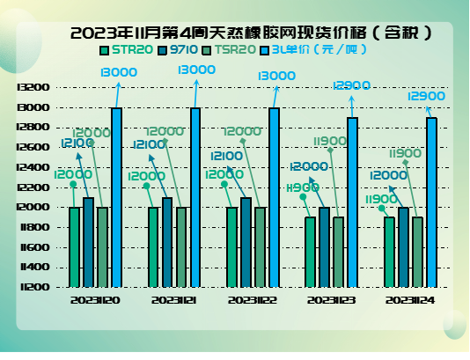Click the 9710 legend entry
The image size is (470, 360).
(180, 50)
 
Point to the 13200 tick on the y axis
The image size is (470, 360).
(33, 87)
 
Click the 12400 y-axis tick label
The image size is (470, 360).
(33, 167)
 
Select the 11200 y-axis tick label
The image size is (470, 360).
(33, 287)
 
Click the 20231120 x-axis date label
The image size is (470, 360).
(96, 300)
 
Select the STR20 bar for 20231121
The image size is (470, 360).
(153, 246)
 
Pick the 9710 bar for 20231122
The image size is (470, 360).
(246, 242)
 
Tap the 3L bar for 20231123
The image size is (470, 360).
(352, 202)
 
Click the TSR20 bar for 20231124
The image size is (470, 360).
(417, 252)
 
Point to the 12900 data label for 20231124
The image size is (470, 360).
(427, 95)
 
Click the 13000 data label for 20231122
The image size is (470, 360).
(276, 77)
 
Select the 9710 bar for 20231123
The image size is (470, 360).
(324, 246)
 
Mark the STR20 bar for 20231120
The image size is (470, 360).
(75, 246)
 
